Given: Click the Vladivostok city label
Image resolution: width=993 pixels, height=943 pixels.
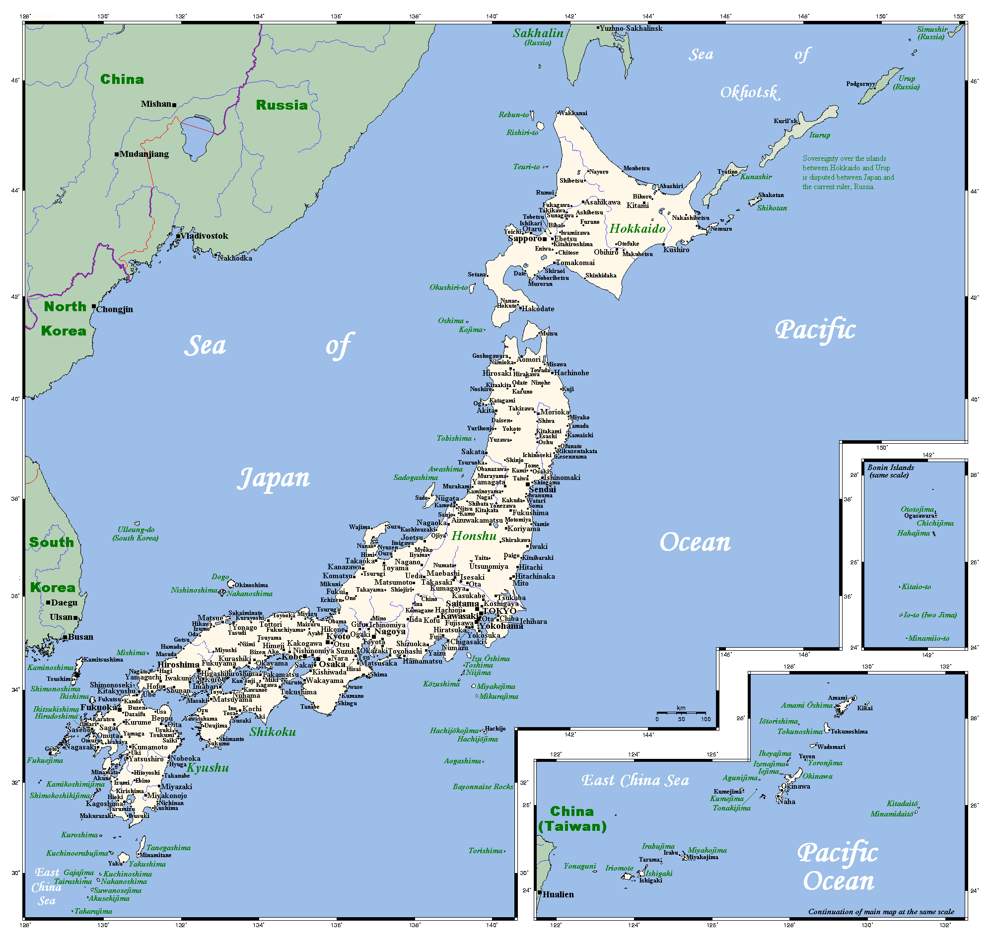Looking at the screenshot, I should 204,236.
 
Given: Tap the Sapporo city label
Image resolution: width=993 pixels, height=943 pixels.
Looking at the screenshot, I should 524,239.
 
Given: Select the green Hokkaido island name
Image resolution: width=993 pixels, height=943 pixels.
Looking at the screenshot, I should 638,229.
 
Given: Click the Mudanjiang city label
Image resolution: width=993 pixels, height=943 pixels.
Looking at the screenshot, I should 144,154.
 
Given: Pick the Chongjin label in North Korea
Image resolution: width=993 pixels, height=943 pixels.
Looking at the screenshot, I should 115,310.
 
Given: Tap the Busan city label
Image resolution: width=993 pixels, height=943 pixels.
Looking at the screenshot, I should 80,637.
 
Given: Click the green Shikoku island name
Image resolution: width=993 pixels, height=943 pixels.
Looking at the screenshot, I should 273,733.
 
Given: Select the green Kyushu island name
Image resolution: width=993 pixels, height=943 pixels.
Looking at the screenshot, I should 208,768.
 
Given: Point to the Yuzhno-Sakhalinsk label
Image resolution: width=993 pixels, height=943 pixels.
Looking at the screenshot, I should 631,29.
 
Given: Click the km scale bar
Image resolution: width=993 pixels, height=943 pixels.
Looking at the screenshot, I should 681,713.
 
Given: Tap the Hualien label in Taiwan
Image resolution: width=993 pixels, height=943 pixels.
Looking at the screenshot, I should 558,895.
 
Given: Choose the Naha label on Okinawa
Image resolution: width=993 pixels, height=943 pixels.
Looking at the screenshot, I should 787,802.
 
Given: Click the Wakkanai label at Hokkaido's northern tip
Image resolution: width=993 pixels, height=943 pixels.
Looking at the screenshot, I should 573,114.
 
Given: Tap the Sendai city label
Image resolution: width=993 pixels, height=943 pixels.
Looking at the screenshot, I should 543,489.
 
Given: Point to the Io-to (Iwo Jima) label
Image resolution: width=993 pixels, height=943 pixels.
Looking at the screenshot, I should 929,615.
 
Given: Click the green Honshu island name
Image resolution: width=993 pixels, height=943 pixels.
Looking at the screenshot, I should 474,537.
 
